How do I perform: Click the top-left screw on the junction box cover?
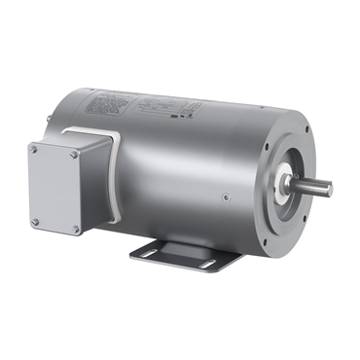coord(36,150)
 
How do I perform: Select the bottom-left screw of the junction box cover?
coord(36,222)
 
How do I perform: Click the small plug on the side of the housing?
coord(226,198)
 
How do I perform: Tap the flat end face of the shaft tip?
coord(329,188)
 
